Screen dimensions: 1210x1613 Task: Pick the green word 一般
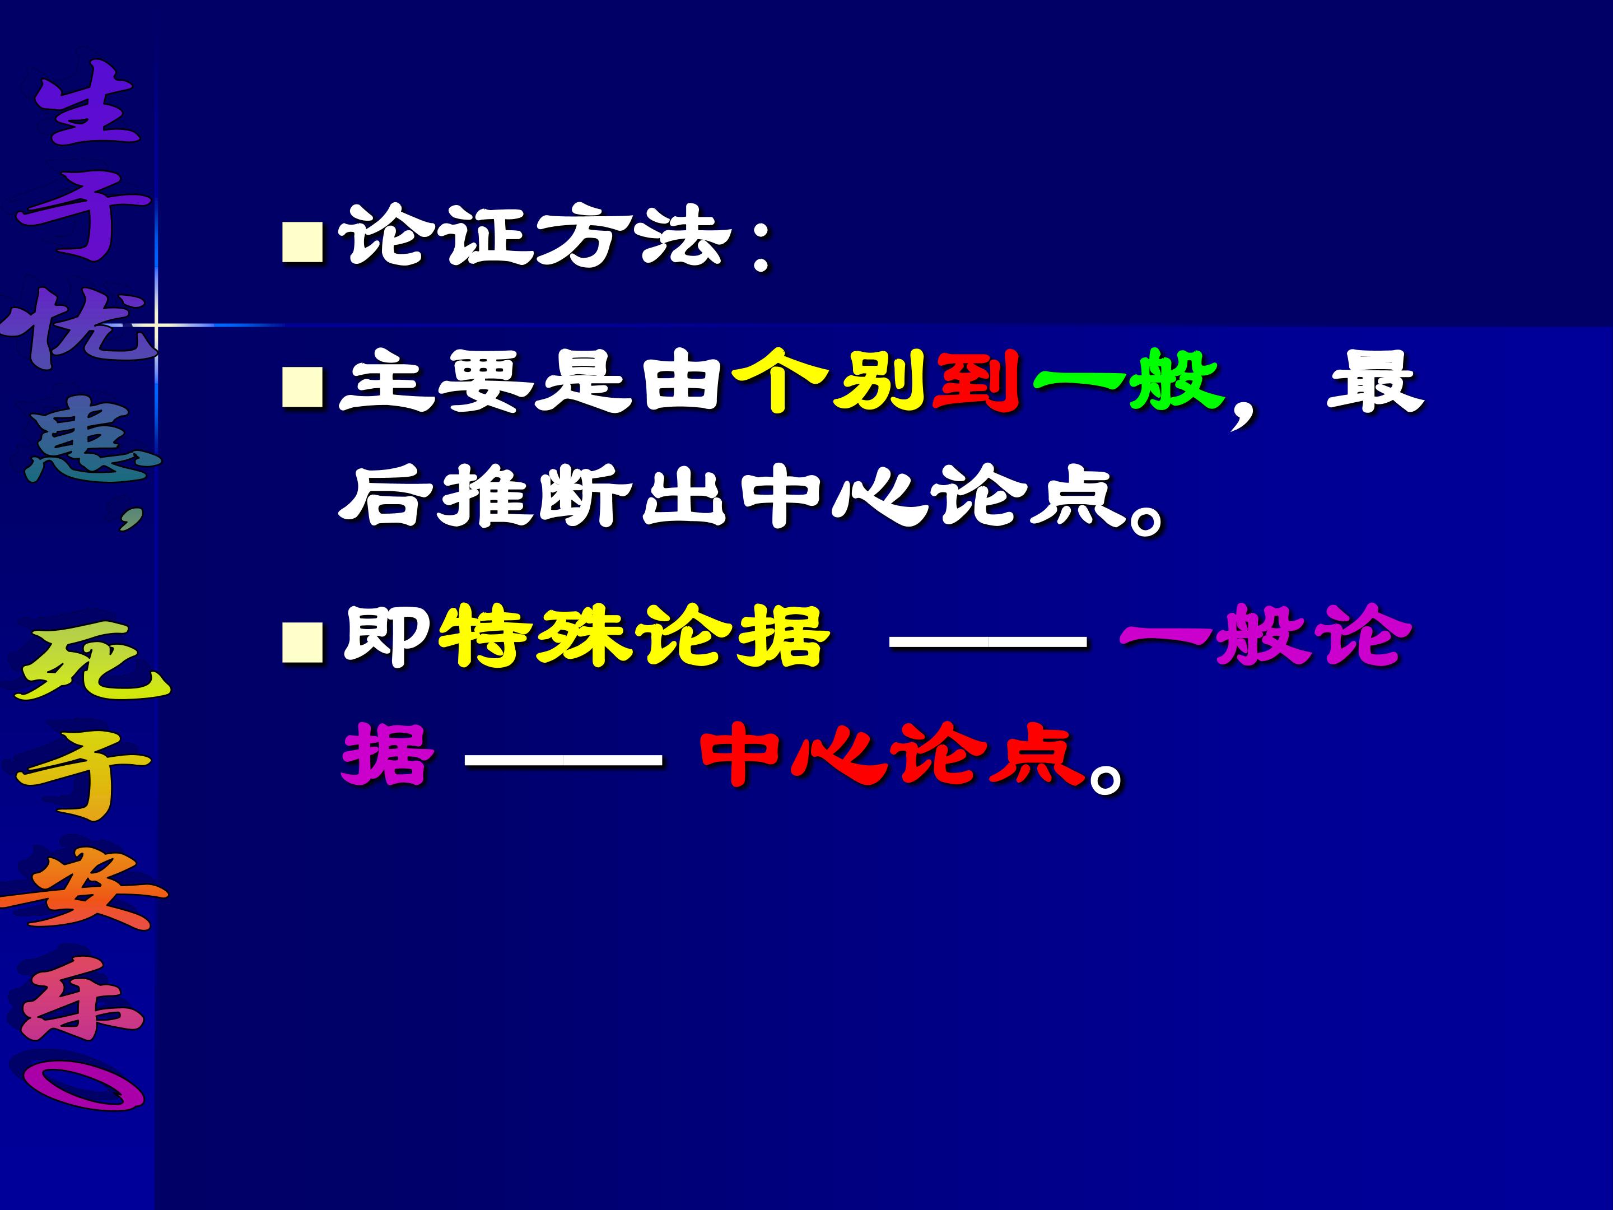point(1127,381)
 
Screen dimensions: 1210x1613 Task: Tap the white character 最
point(1374,381)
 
